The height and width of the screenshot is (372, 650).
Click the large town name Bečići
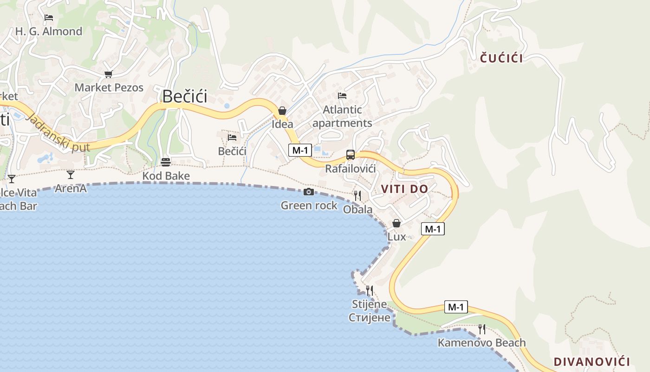tap(184, 96)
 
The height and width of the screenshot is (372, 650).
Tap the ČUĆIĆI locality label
tap(501, 58)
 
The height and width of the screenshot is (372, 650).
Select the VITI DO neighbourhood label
tap(404, 189)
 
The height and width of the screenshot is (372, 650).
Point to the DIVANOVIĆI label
tap(591, 362)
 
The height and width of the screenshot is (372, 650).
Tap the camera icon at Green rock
tap(309, 192)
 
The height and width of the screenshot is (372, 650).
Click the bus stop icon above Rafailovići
tap(351, 155)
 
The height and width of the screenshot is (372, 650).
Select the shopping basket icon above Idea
tap(282, 111)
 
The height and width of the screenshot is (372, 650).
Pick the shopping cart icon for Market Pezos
tap(109, 74)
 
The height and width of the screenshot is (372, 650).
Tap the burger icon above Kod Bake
tap(166, 162)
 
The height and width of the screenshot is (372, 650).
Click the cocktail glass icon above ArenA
tap(71, 175)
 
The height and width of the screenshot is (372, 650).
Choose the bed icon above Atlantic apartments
tap(342, 96)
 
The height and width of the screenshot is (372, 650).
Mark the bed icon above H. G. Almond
tap(49, 18)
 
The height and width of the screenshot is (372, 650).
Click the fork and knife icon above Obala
tap(357, 196)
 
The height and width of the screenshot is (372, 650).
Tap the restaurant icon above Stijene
tap(369, 291)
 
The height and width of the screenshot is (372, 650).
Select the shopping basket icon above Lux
tap(396, 223)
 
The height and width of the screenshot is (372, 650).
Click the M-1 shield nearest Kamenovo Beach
tap(456, 307)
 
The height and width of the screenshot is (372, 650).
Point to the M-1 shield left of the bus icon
tap(300, 150)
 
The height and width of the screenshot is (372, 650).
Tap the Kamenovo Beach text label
tap(481, 343)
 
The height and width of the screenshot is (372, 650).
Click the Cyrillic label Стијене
tap(369, 318)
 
